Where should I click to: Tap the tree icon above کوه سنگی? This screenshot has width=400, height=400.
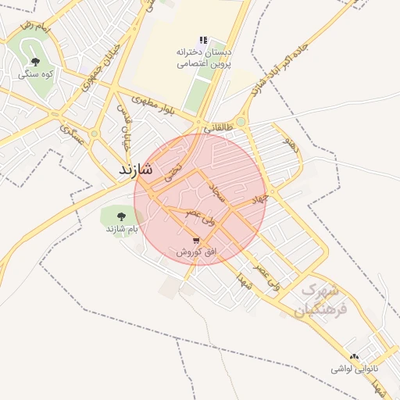[x=35, y=62]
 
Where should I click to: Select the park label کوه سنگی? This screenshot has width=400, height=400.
[x=36, y=74]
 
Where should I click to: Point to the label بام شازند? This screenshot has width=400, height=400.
[x=123, y=230]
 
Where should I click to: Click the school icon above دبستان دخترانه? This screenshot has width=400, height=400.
[x=203, y=40]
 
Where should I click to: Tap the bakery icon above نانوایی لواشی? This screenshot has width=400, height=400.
[x=355, y=356]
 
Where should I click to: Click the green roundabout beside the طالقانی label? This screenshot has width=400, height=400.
[x=241, y=121]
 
